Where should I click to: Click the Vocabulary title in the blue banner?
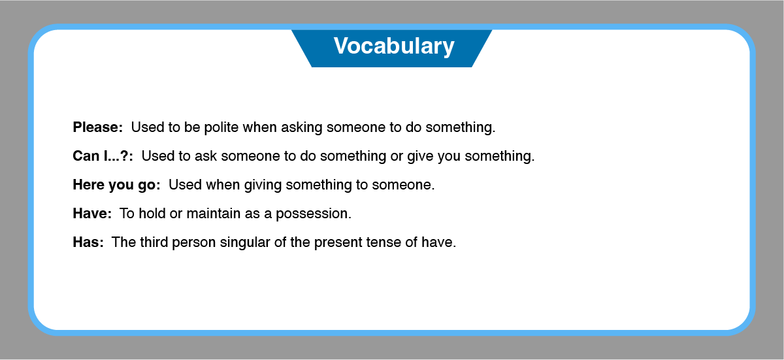pos(394,46)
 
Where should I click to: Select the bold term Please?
pos(97,127)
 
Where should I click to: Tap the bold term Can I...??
pos(103,155)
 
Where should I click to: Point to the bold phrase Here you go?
pos(116,185)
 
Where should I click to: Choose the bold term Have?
pos(92,213)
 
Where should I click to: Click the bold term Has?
pos(88,242)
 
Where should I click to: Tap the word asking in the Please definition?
pos(302,127)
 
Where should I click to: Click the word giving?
pos(263,185)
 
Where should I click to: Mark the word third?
pos(154,242)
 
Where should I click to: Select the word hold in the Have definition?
pos(152,213)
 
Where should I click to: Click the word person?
pos(194,242)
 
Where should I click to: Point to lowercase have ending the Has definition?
pos(437,242)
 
